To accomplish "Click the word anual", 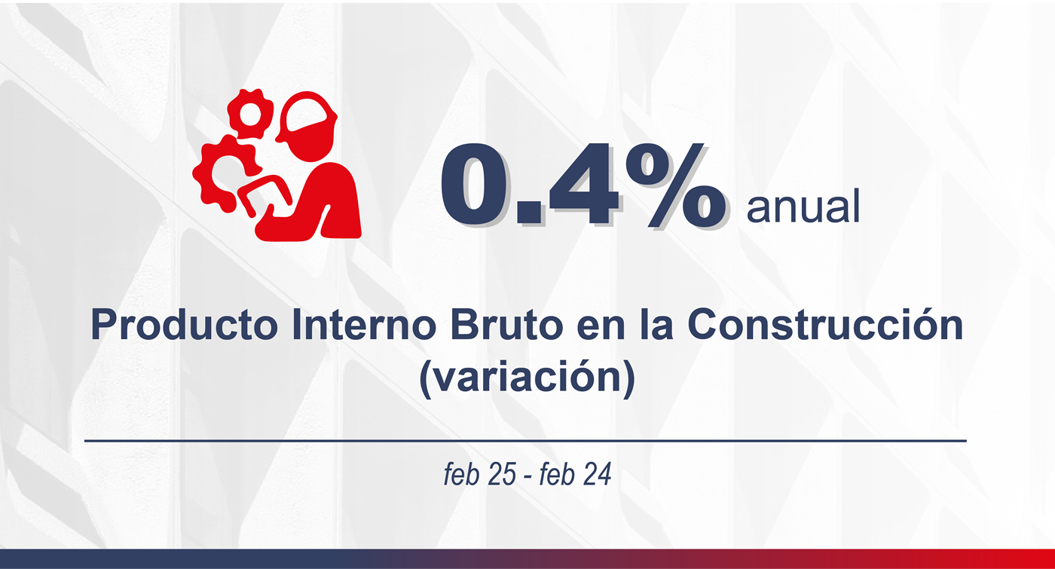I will click(x=803, y=207).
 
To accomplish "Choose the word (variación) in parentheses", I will click(x=527, y=376).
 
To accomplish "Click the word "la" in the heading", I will click(x=656, y=326).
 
